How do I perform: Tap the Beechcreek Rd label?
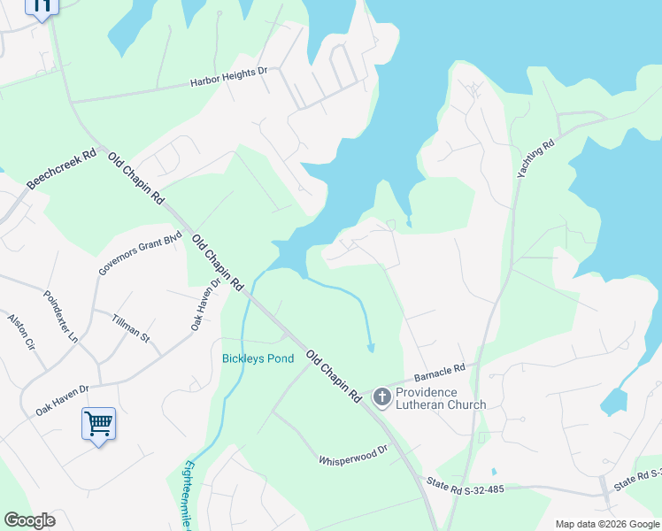point(58,168)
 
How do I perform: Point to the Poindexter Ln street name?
point(61,316)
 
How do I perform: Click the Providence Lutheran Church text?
point(440,398)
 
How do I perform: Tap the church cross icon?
point(382,397)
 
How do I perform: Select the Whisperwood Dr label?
point(353,455)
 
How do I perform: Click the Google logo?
point(29,520)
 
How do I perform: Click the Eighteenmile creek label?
point(188,496)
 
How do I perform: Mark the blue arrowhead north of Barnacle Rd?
point(371,348)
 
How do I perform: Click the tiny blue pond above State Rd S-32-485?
point(493,472)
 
